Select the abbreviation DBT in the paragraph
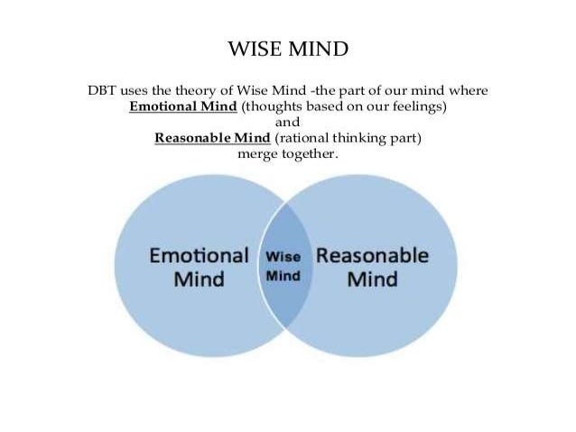point(102,92)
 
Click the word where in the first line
point(468,92)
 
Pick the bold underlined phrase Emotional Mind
point(183,107)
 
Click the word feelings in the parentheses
point(419,107)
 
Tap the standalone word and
point(286,123)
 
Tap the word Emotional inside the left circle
point(199,255)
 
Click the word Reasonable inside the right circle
point(373,255)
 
